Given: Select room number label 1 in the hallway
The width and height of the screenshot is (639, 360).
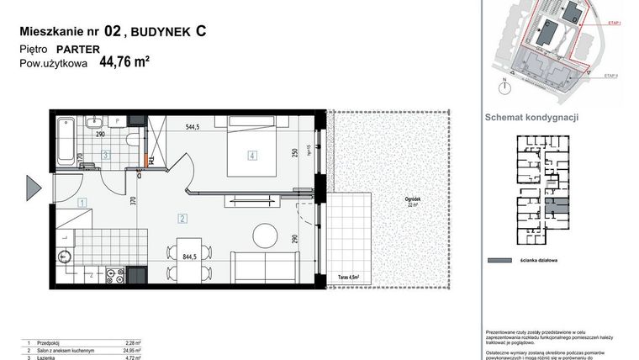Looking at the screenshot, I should click(x=82, y=202).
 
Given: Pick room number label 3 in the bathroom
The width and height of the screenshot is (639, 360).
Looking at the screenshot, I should click(x=105, y=155).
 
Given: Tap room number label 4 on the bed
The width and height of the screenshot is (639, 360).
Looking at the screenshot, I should click(x=251, y=155).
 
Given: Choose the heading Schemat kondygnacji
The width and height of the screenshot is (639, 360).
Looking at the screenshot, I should click(x=532, y=118).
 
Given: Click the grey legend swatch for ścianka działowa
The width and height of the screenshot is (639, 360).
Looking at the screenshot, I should click(x=502, y=260).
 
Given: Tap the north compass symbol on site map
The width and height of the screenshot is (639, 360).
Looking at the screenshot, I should click(x=504, y=84).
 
